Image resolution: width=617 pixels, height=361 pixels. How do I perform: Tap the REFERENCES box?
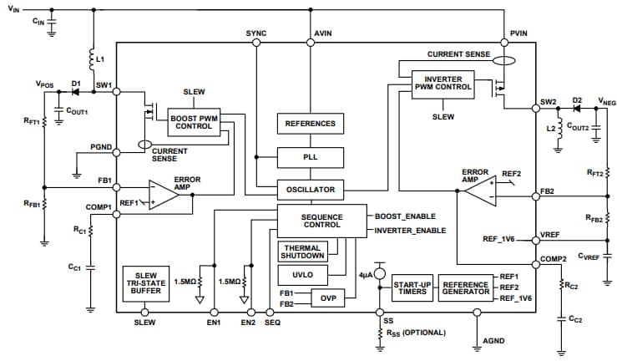(311, 124)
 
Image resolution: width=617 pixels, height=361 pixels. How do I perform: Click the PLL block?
(311, 156)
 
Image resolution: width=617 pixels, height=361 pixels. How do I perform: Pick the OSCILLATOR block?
(311, 190)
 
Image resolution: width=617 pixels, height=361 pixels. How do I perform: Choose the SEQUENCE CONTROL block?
(321, 221)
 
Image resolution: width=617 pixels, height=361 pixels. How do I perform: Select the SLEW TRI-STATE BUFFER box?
(145, 283)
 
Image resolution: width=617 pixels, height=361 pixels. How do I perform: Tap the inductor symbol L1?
(90, 59)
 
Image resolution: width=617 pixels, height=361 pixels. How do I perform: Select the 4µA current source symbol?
(379, 273)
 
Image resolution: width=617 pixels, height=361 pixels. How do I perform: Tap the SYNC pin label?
(256, 33)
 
